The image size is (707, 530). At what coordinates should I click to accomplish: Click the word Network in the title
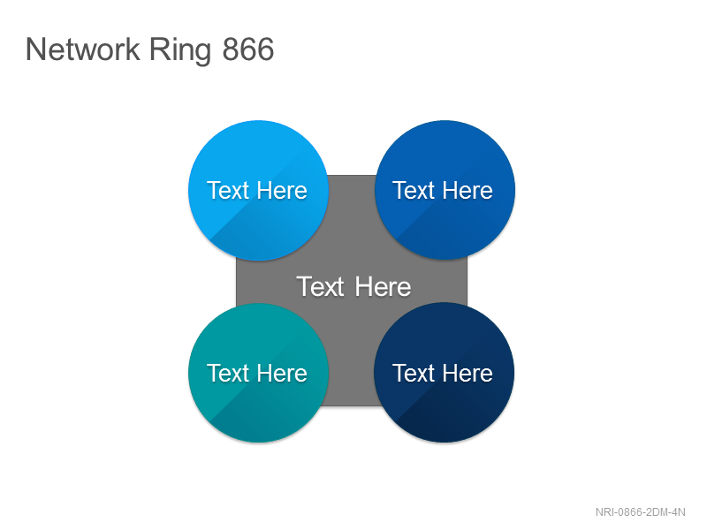[83, 49]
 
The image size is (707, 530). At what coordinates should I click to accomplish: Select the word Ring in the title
[180, 51]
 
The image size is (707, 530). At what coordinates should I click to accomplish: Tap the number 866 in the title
[248, 49]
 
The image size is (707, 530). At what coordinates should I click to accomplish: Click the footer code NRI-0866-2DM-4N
[640, 512]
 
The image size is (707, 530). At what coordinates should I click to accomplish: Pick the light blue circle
[258, 190]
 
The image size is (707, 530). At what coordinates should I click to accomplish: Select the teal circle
[258, 373]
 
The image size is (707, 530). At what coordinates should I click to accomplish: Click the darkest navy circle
[445, 373]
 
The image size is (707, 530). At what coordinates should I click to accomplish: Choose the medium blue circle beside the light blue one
[445, 190]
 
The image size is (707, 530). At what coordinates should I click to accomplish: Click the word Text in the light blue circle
[228, 190]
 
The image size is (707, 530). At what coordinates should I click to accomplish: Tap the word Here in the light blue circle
[283, 190]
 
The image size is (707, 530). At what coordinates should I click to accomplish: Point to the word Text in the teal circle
[228, 373]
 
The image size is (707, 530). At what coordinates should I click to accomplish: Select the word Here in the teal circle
[283, 373]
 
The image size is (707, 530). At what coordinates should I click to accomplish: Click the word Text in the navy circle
[414, 373]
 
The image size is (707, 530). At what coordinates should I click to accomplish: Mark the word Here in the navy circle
[468, 373]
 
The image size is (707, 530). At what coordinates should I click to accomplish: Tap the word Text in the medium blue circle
[414, 190]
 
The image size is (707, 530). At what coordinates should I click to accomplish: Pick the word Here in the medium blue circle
[468, 190]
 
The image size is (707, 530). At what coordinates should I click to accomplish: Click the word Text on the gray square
[321, 286]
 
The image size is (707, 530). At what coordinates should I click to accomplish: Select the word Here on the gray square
[384, 286]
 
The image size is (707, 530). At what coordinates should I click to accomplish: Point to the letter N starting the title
[36, 49]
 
